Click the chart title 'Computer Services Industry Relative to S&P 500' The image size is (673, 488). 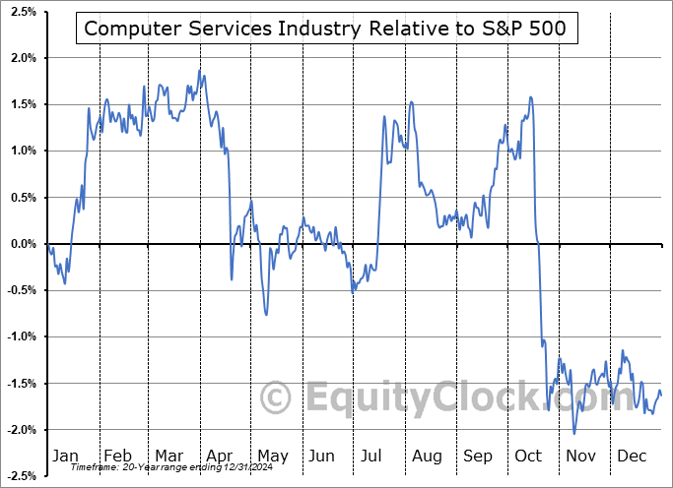[x=325, y=29]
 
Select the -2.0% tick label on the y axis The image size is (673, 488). [x=21, y=430]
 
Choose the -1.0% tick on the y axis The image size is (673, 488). [x=21, y=336]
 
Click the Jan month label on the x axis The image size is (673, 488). [x=65, y=457]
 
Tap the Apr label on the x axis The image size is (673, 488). [x=219, y=457]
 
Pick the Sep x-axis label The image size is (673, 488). [x=479, y=457]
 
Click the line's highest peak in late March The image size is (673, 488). [x=200, y=71]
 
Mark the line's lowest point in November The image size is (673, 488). [x=574, y=433]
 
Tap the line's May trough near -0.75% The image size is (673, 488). [x=266, y=315]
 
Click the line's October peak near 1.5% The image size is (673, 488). [x=531, y=96]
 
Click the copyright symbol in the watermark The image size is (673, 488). [x=276, y=398]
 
